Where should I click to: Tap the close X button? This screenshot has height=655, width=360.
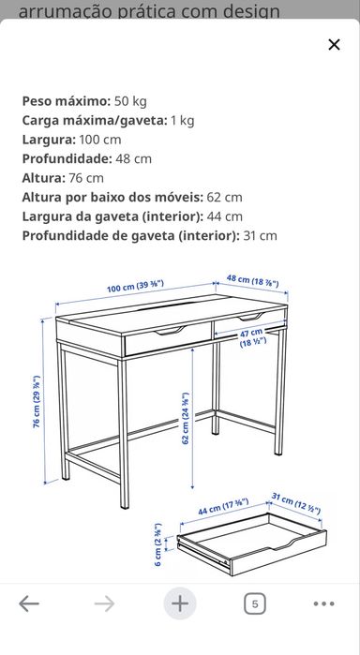(x=334, y=44)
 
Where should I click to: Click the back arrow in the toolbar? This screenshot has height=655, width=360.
(x=29, y=603)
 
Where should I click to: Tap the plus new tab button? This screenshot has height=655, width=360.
(x=180, y=603)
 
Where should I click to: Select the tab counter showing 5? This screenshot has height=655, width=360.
(x=254, y=603)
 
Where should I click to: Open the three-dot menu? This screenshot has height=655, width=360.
(x=323, y=603)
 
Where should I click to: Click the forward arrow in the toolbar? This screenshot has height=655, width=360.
(x=104, y=603)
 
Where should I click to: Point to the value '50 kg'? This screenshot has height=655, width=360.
(x=130, y=100)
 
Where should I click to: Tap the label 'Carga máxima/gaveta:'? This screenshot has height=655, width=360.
(x=93, y=120)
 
